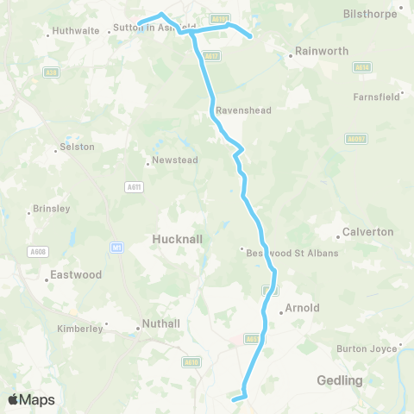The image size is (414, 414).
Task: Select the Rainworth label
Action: coord(322,51)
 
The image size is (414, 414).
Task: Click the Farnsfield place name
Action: coord(377,97)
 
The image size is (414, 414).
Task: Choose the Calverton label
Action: coord(367,232)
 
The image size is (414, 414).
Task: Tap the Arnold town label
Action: coord(302,307)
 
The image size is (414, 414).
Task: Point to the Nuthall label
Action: coord(161,324)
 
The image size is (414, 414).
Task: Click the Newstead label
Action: coord(175,160)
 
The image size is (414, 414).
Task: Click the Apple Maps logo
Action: coord(31,399)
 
